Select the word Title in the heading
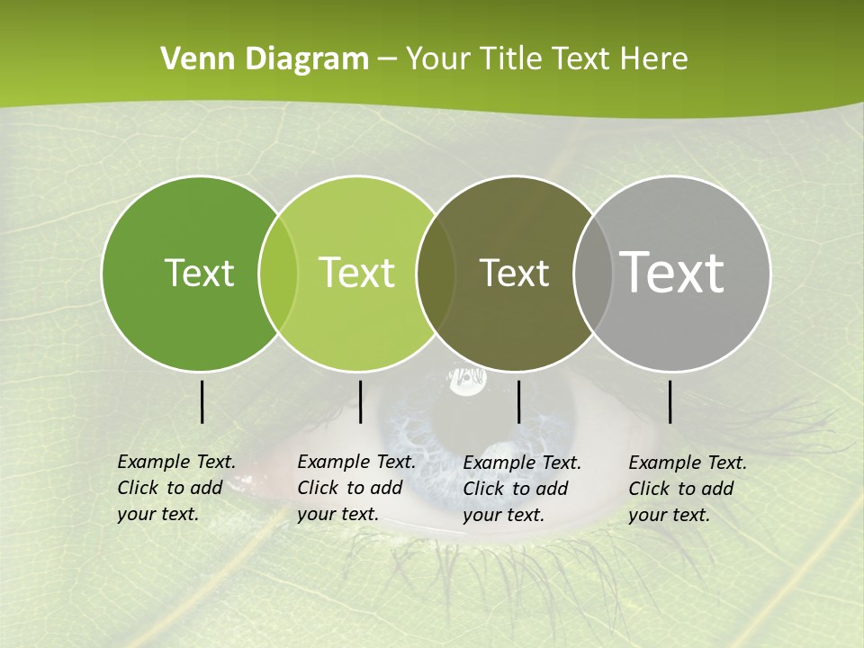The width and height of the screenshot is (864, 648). click(513, 59)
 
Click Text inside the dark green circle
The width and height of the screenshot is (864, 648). click(199, 273)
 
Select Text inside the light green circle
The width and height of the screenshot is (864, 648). click(357, 273)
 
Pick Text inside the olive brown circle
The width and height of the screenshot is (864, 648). click(514, 273)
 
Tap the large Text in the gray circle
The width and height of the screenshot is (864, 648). click(672, 273)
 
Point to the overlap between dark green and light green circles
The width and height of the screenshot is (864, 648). click(278, 274)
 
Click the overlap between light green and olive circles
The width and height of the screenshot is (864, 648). click(436, 274)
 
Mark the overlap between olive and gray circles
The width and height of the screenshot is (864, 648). click(590, 274)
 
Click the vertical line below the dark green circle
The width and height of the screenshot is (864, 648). click(202, 401)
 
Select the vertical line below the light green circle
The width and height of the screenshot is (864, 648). click(360, 401)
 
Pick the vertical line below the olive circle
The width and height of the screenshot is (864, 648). click(519, 401)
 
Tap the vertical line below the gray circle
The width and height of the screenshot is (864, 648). click(670, 401)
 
